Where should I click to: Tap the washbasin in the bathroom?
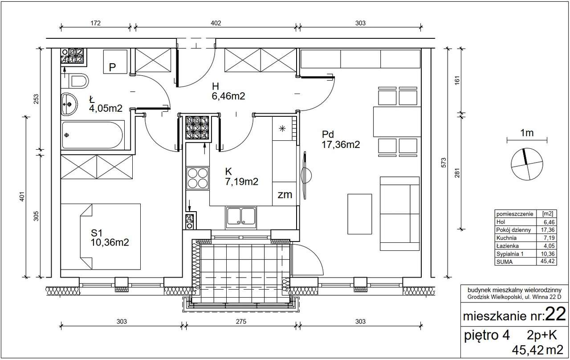pyautogui.click(x=69, y=104)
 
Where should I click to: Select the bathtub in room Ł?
pyautogui.click(x=93, y=135)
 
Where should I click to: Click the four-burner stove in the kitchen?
pyautogui.click(x=197, y=178)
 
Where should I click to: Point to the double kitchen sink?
pyautogui.click(x=241, y=217)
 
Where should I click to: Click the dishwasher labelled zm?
pyautogui.click(x=285, y=194)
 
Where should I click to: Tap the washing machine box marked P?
pyautogui.click(x=115, y=62)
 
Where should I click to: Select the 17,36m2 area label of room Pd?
pyautogui.click(x=341, y=145)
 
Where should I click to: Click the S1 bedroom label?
pyautogui.click(x=97, y=233)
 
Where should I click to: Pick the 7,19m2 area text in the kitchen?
pyautogui.click(x=241, y=181)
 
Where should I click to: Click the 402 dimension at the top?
pyautogui.click(x=216, y=23)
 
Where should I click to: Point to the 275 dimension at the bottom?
pyautogui.click(x=241, y=322)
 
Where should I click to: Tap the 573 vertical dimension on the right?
pyautogui.click(x=444, y=163)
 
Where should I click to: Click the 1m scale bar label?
pyautogui.click(x=527, y=133)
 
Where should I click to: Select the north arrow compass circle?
pyautogui.click(x=527, y=164)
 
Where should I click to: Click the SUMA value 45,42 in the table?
pyautogui.click(x=548, y=261)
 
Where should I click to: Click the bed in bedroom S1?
pyautogui.click(x=101, y=237)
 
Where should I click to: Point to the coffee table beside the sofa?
pyautogui.click(x=359, y=214)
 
